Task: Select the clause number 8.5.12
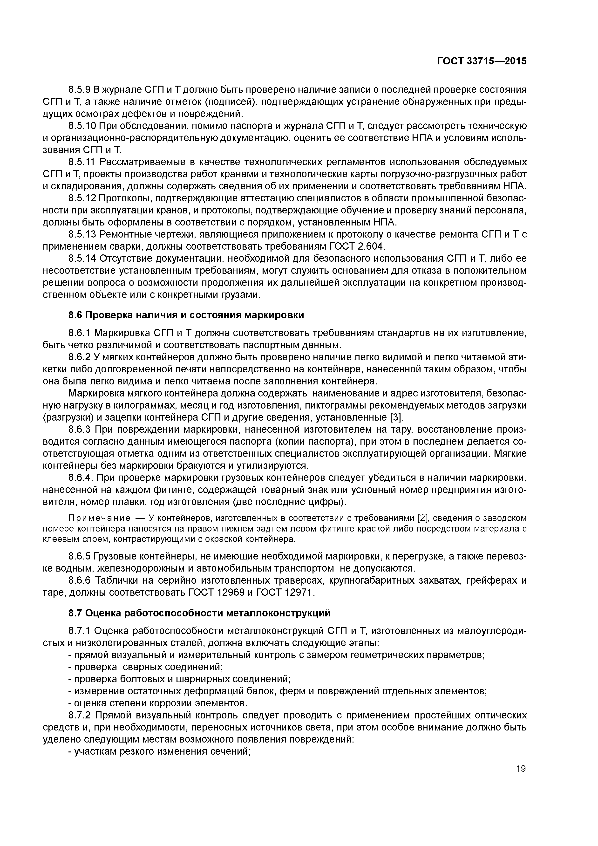82,198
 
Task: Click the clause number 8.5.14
82,259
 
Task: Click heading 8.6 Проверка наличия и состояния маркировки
186,315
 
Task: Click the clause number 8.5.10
82,126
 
